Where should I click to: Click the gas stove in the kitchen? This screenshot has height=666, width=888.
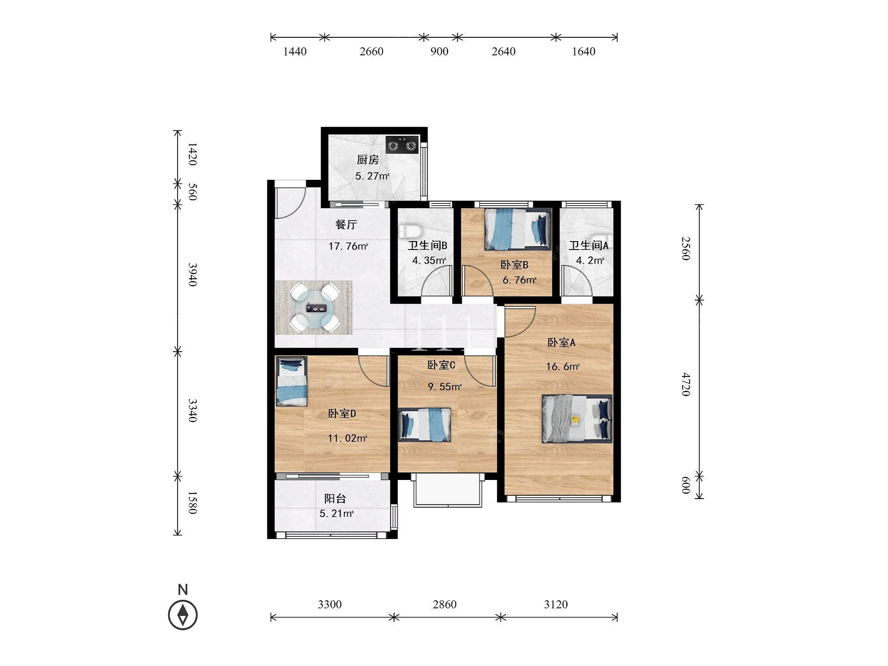coord(402,144)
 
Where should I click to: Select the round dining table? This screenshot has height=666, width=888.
coord(314,307)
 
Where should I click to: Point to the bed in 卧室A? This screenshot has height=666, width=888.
coord(577,419)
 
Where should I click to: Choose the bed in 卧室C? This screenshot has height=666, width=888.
coord(425,425)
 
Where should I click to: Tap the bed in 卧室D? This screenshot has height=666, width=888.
coord(291,381)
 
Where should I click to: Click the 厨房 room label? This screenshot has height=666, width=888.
coord(368,160)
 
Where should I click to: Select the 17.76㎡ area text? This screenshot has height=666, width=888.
coord(349,246)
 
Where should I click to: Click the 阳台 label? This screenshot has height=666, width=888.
coord(335,499)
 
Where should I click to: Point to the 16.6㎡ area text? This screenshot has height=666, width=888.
coord(563,367)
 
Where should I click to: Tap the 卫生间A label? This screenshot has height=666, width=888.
coord(589,245)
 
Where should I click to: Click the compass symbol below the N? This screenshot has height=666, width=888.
coord(183,615)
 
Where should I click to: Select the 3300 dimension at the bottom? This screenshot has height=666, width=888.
coord(330,604)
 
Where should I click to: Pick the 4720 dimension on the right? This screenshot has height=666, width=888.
coord(686,385)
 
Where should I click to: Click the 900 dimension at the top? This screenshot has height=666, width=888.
coord(439,52)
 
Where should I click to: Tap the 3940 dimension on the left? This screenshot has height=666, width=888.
coord(192,274)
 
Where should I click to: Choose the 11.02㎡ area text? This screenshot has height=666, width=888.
coord(348,439)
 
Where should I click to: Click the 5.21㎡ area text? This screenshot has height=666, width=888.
coord(337,514)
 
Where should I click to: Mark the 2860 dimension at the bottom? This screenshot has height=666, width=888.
coord(444,604)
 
